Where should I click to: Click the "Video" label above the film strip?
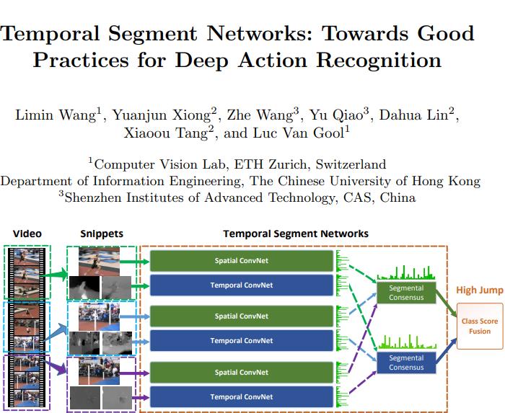tap(27, 234)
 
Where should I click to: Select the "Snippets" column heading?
tap(102, 234)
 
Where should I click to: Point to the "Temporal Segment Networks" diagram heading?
tap(296, 234)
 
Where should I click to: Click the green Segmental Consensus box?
tap(406, 293)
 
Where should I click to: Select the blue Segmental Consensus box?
tap(406, 363)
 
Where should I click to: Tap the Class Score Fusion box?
tap(475, 327)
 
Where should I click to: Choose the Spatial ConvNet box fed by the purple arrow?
tap(241, 373)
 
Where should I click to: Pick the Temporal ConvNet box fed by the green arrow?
tap(241, 285)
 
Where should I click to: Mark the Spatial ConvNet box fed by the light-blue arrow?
tap(241, 316)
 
